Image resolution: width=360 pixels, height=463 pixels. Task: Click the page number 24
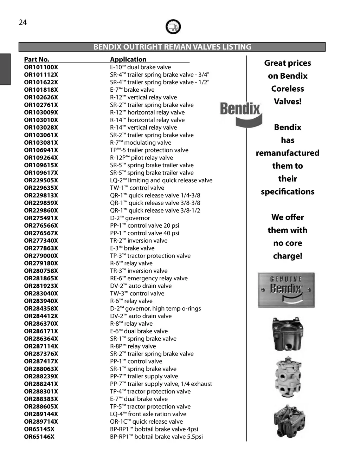click(x=22, y=22)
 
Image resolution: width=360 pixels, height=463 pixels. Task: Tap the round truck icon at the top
click(x=173, y=27)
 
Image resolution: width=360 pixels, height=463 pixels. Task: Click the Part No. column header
click(x=37, y=59)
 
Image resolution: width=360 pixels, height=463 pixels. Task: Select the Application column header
click(x=128, y=59)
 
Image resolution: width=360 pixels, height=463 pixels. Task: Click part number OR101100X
click(x=41, y=67)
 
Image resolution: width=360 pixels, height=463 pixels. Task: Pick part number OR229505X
click(x=41, y=180)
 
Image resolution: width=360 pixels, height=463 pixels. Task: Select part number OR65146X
click(x=39, y=437)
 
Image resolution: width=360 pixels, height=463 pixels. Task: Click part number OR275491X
click(x=41, y=218)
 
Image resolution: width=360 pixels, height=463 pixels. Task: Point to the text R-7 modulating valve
click(x=141, y=143)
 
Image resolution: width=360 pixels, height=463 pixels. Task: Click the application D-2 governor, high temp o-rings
click(x=155, y=308)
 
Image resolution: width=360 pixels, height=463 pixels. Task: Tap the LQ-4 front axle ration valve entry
click(x=148, y=414)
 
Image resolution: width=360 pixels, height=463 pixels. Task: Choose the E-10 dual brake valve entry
click(x=140, y=67)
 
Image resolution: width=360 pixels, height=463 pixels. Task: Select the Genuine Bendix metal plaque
click(x=286, y=290)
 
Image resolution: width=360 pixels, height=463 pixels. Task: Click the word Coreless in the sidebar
click(x=288, y=89)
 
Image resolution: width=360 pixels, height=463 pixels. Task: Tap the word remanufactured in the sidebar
click(x=288, y=153)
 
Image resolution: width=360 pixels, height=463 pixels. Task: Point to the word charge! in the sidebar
click(x=288, y=256)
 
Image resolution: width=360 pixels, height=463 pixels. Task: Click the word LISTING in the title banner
click(x=237, y=47)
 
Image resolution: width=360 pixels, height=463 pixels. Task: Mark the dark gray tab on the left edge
click(x=5, y=69)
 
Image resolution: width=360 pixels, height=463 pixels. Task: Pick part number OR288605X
click(x=41, y=406)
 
